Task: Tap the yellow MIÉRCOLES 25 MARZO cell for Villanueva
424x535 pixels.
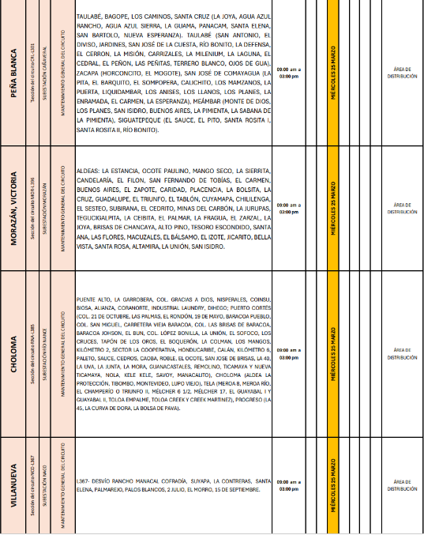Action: click(x=334, y=485)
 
